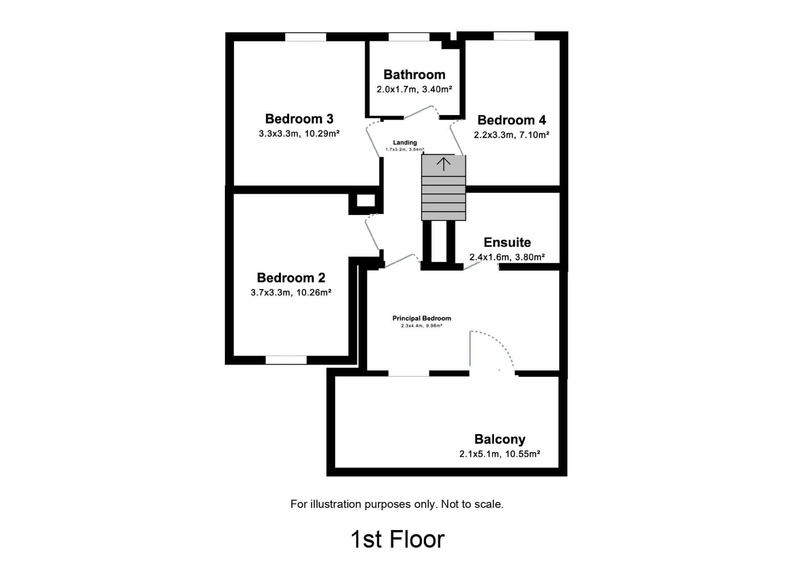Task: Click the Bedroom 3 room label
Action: tap(299, 119)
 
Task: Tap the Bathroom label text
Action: tap(414, 75)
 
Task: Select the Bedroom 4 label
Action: tap(511, 120)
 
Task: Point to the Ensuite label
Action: tap(507, 242)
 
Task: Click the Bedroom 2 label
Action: tap(291, 278)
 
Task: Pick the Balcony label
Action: tap(500, 439)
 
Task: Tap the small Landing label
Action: tap(405, 143)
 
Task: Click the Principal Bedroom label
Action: tap(422, 318)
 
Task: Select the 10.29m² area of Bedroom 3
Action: tap(322, 134)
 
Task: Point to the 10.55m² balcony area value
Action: tap(523, 454)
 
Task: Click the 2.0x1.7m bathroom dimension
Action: tap(396, 89)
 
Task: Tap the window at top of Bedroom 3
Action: tap(306, 37)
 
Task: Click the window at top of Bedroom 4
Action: tap(514, 36)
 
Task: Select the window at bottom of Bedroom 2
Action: tap(286, 360)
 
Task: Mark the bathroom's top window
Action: tap(409, 37)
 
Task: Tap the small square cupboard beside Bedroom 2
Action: tap(366, 201)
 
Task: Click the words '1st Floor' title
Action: tap(398, 539)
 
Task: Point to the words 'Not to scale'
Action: tap(472, 504)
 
